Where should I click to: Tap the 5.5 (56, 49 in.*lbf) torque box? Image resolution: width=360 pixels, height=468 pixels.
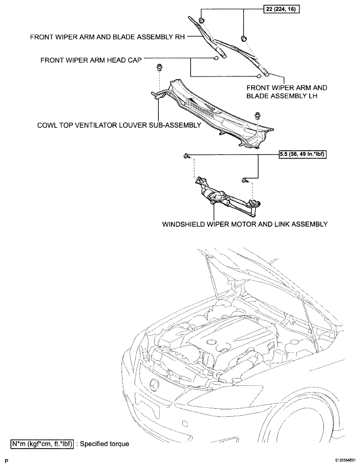pos(302,154)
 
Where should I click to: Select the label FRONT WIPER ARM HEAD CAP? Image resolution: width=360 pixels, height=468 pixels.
pos(91,60)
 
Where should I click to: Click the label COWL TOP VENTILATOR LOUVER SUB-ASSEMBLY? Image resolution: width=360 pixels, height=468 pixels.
pos(119,125)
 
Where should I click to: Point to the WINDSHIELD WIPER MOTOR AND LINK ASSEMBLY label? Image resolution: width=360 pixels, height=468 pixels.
pos(245,224)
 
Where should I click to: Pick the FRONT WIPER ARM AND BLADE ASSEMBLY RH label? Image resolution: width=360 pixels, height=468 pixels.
pos(107,37)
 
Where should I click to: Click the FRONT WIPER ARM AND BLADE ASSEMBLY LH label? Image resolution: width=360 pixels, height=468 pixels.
pos(287,92)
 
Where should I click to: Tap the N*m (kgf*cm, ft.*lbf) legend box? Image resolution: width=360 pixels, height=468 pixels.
pos(42,444)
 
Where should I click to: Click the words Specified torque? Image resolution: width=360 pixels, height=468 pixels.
pos(105,444)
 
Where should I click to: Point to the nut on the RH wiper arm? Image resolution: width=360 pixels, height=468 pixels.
pos(202,20)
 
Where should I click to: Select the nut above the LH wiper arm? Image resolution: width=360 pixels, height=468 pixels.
pos(244,38)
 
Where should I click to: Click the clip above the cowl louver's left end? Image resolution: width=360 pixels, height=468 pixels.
pos(159,67)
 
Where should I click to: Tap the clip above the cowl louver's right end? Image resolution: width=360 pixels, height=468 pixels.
pos(257,116)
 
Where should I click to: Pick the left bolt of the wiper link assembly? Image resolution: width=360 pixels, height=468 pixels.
pos(186,155)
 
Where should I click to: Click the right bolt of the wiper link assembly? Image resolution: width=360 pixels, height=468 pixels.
pos(244,180)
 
